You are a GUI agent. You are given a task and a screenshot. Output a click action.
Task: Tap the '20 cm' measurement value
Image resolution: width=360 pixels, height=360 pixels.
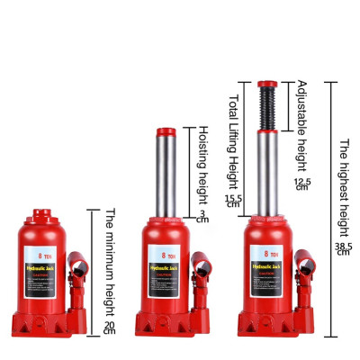coord(110,328)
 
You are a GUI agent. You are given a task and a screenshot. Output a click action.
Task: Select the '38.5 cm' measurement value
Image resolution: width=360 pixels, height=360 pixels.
coord(342,247)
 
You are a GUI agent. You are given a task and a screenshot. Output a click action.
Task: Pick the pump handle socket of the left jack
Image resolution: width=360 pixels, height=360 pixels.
coord(80,268)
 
